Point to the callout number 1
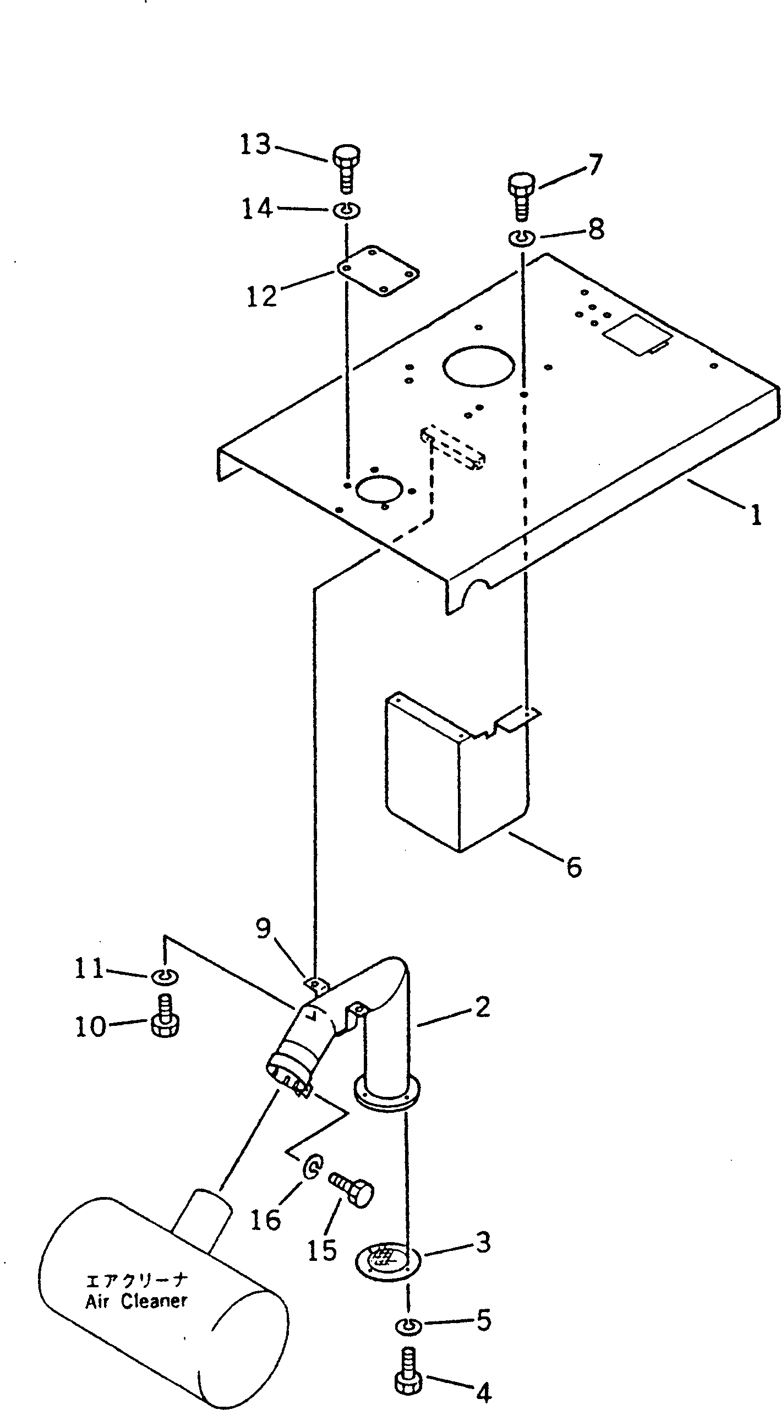click(756, 516)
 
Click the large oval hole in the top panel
click(479, 365)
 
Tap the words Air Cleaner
click(136, 1286)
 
